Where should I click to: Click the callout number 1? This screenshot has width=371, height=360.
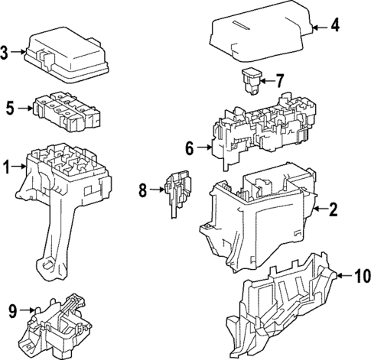[x=7, y=166]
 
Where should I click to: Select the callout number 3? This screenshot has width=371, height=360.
[x=5, y=53]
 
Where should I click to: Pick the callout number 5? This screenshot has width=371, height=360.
[x=10, y=109]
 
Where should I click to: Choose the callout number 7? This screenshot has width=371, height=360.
[x=279, y=79]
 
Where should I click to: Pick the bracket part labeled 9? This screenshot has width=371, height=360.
[x=57, y=327]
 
